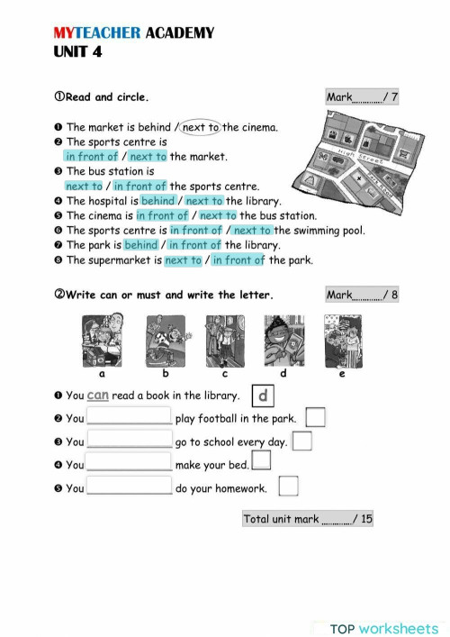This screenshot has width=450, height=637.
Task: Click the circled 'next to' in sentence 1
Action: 201,128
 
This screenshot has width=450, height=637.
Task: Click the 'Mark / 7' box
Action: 361,97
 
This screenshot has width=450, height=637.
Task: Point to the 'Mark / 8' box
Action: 361,295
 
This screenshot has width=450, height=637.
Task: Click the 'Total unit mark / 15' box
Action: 307,519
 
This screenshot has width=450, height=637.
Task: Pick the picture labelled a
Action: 103,341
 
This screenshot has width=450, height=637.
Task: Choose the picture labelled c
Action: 224,341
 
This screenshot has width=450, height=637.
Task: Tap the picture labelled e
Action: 342,341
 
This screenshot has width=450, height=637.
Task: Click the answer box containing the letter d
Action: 261,395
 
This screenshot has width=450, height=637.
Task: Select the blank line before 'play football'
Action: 129,418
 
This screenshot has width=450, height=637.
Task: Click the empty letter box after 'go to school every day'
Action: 302,441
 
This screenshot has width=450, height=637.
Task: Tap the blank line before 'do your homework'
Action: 129,488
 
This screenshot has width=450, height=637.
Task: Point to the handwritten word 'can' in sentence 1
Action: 98,395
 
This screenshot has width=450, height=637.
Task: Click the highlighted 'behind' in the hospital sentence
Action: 158,201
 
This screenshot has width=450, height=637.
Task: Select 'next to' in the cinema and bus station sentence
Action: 218,216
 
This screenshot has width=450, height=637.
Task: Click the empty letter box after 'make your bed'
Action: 261,461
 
